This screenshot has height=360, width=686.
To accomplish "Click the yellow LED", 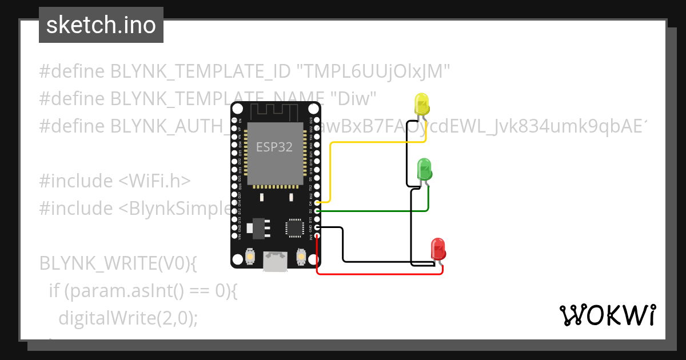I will coord(421,104).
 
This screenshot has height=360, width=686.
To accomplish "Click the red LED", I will coord(438,249).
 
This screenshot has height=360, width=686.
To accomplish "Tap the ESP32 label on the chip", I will coord(274,147).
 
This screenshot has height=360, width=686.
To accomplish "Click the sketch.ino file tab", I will coord(101,25).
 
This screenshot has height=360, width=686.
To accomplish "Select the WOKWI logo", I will coord(607,315).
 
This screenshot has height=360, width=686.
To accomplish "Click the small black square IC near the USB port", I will coord(294,227).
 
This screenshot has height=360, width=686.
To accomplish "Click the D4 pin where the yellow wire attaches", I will coord(317,202).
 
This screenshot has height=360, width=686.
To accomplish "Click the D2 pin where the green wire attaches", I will coord(317,211).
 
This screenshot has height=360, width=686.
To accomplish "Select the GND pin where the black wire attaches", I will coord(317,228).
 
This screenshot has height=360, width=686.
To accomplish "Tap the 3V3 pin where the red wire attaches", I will coord(317,237).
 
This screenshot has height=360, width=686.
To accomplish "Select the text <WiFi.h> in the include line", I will coord(154,181).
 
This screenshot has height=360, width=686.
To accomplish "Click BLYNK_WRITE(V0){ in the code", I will coord(118,263).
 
